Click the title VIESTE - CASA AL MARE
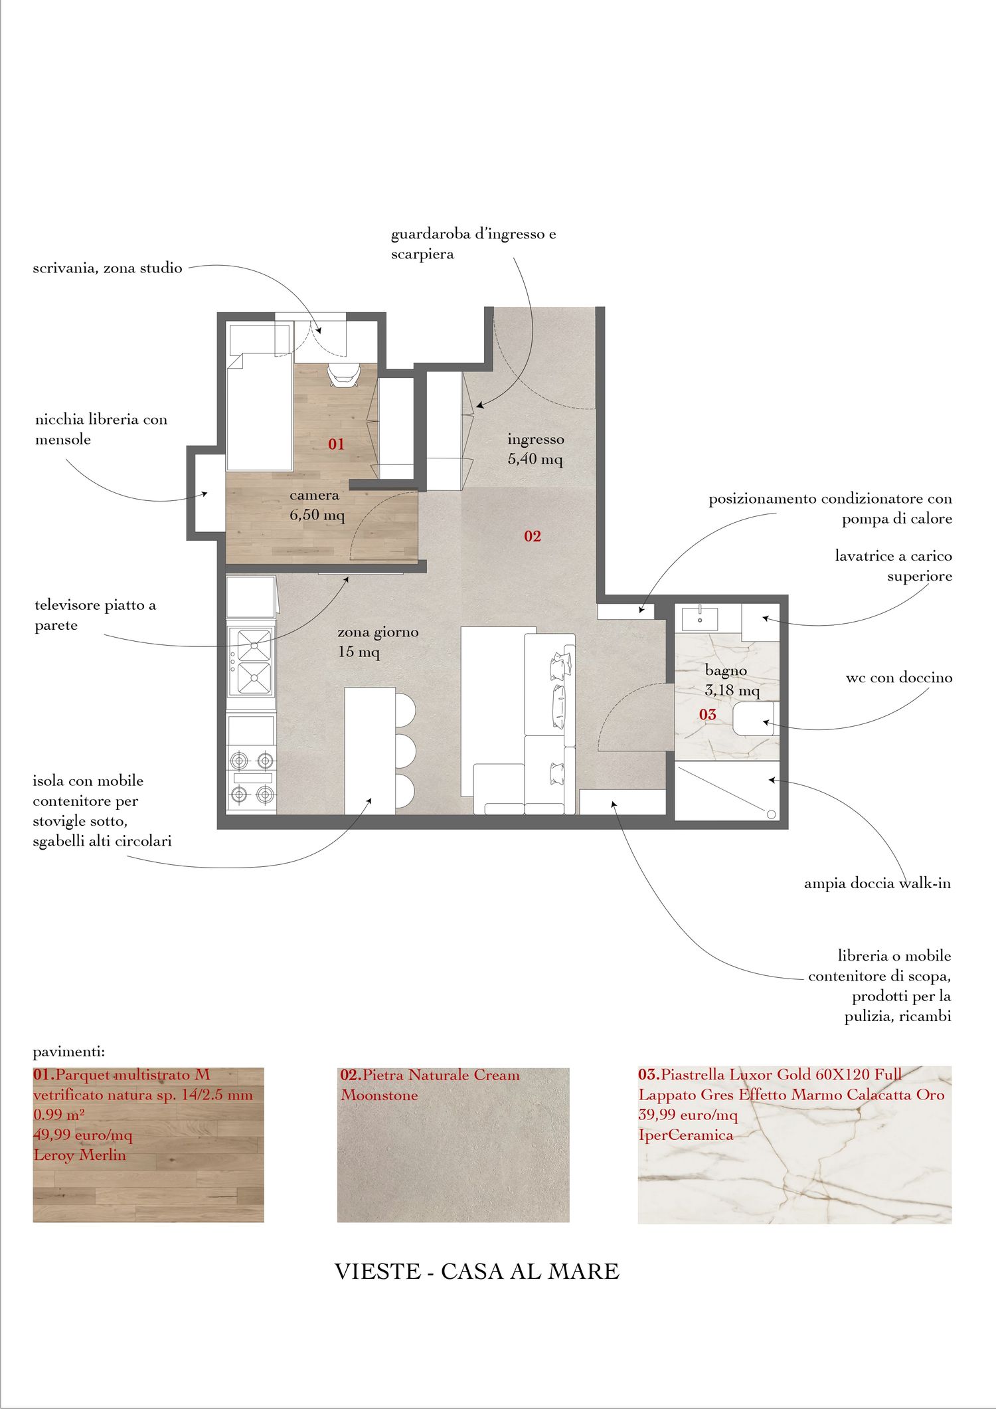tap(477, 1271)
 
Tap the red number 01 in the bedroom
tap(337, 444)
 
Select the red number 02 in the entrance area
tap(533, 536)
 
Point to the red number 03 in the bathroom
tap(708, 714)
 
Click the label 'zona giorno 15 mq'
tap(378, 642)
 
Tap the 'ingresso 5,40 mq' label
tap(536, 449)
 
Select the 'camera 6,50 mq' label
tap(317, 505)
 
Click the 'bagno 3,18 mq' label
tap(732, 680)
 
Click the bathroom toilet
tap(753, 719)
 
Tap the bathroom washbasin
tap(700, 617)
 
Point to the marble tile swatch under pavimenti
tap(794, 1145)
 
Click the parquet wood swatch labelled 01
tap(148, 1145)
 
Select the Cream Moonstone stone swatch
tap(453, 1145)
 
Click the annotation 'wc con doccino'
tap(898, 678)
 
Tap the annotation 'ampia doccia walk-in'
tap(877, 884)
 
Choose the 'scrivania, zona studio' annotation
tap(108, 268)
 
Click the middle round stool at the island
tap(405, 751)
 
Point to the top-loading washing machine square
tap(760, 622)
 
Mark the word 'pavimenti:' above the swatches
tap(69, 1052)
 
